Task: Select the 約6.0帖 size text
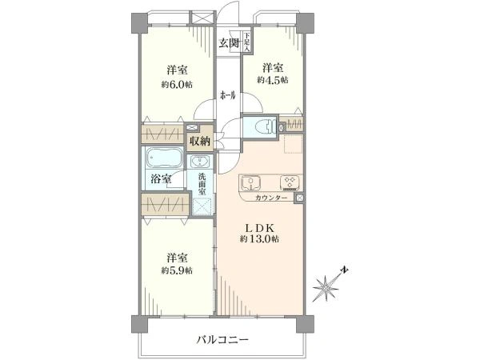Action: pos(178,83)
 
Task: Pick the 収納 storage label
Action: pos(199,141)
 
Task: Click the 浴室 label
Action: pos(160,179)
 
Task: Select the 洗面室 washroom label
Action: pos(203,184)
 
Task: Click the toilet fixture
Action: pos(261,126)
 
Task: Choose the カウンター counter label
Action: pos(271,198)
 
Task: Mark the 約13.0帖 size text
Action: pos(259,239)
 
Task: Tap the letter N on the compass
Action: pos(342,269)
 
